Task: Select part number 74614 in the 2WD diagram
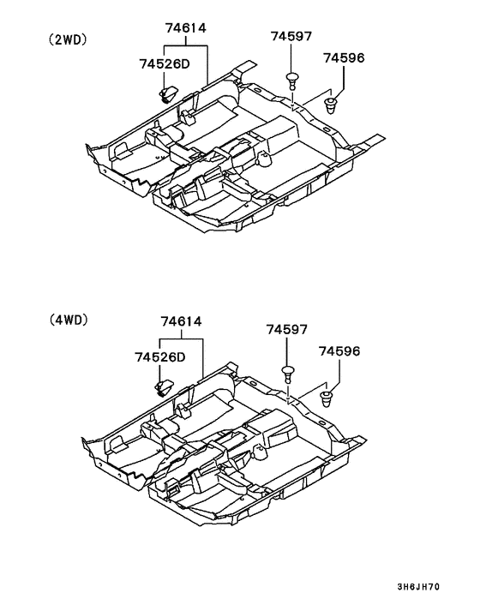click(186, 28)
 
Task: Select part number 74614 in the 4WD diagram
click(181, 322)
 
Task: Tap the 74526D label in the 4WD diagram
click(159, 356)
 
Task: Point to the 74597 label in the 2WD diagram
click(291, 36)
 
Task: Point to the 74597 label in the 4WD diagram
click(286, 329)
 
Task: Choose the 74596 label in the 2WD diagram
click(344, 57)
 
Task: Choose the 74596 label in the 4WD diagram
click(339, 350)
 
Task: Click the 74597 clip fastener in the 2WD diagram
click(294, 80)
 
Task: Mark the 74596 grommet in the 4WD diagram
click(327, 397)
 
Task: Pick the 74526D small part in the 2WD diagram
click(167, 90)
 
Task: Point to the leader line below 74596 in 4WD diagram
click(339, 371)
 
